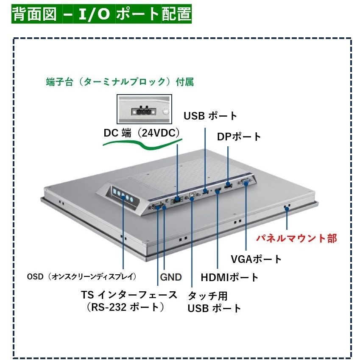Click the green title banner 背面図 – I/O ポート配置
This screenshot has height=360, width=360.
click(101, 14)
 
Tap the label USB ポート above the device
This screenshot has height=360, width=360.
click(210, 116)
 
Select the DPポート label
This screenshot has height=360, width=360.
click(239, 137)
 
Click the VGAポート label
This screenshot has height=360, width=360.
click(256, 259)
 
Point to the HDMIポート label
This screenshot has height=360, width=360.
click(229, 277)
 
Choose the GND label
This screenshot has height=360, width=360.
click(171, 277)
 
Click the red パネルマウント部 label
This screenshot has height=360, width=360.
click(297, 238)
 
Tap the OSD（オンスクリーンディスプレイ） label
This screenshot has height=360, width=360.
click(82, 276)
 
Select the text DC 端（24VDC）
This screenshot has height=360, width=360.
click(142, 133)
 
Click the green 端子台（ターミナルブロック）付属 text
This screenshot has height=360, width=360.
click(120, 82)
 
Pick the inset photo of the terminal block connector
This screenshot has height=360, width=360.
click(145, 109)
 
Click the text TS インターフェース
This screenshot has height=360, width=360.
click(129, 295)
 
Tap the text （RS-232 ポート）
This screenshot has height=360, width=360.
click(126, 307)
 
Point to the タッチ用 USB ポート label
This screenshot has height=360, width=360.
click(214, 302)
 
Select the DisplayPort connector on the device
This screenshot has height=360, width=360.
click(229, 185)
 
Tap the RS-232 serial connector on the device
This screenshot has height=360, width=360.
click(157, 206)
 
